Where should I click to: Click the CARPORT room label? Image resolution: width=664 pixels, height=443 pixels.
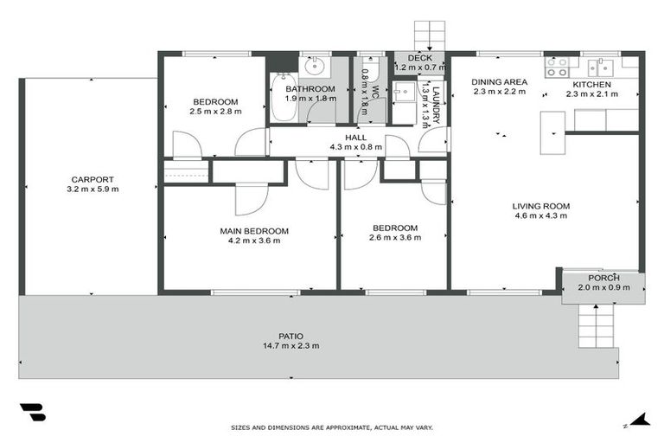pyautogui.click(x=94, y=179)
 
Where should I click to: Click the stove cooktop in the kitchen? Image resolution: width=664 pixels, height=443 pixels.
pyautogui.click(x=556, y=63)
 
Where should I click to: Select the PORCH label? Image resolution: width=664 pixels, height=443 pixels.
pyautogui.click(x=603, y=277)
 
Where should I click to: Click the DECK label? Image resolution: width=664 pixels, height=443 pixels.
pyautogui.click(x=418, y=57)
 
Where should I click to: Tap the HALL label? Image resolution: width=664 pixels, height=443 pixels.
pyautogui.click(x=355, y=137)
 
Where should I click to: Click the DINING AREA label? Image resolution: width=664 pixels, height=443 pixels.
pyautogui.click(x=498, y=82)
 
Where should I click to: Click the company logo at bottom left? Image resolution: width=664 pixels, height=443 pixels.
pyautogui.click(x=32, y=412)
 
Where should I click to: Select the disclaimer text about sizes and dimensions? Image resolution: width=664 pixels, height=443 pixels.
pyautogui.click(x=332, y=427)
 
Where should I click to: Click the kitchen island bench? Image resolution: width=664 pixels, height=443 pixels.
pyautogui.click(x=552, y=132)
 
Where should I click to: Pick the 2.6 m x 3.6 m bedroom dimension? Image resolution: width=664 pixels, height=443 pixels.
pyautogui.click(x=393, y=238)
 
